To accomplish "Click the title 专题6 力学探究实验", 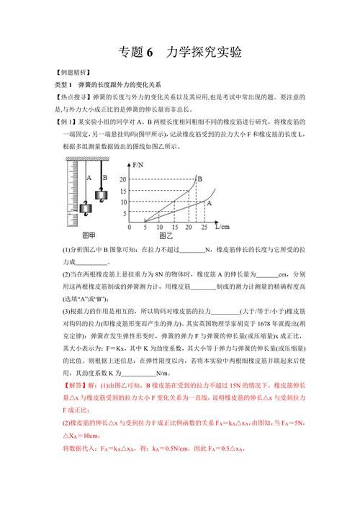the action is click(179, 53).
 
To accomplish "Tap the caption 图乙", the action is click(166, 236).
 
